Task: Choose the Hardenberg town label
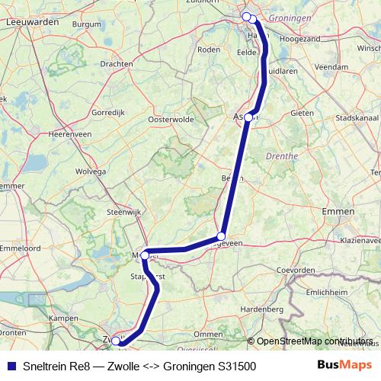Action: pyautogui.click(x=262, y=309)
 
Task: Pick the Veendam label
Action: pyautogui.click(x=330, y=67)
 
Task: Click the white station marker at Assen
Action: pyautogui.click(x=248, y=118)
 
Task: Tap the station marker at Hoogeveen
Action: pyautogui.click(x=221, y=236)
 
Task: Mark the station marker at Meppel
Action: pyautogui.click(x=144, y=255)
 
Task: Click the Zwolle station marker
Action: pyautogui.click(x=116, y=341)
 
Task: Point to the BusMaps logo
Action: pyautogui.click(x=346, y=366)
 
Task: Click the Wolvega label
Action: pyautogui.click(x=90, y=171)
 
